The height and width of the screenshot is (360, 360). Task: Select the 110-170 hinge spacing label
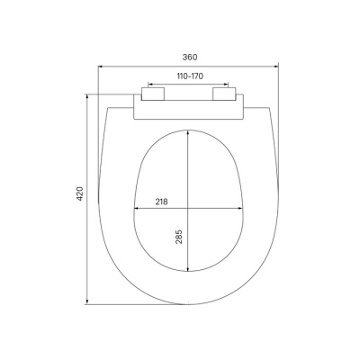coord(188,77)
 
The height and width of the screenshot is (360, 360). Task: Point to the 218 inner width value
coord(162,202)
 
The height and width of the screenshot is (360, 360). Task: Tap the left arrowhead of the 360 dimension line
coord(101,65)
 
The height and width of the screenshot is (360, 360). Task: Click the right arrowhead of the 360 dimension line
coord(274,65)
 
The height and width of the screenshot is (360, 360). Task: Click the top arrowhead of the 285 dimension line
coord(188,131)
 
